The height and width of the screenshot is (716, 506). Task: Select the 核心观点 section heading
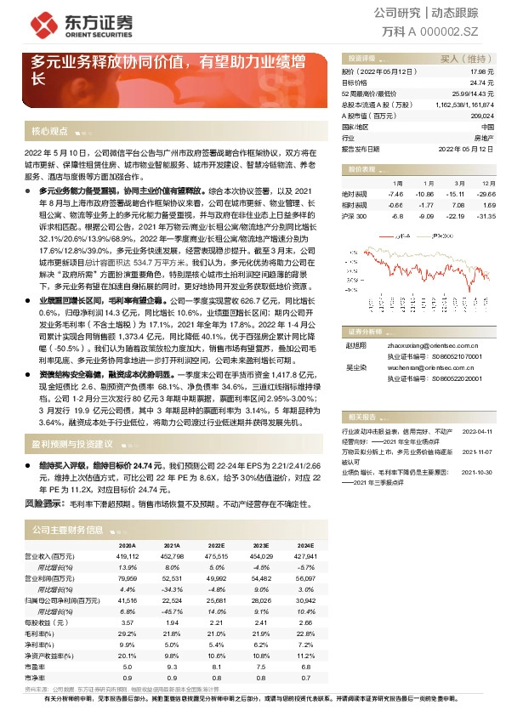point(48,132)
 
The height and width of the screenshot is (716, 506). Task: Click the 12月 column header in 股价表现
point(487,183)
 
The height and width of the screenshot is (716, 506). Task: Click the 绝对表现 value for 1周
point(396,194)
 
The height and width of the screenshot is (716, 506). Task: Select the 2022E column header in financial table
point(217,545)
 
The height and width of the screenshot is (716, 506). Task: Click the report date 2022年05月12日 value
point(465,147)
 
